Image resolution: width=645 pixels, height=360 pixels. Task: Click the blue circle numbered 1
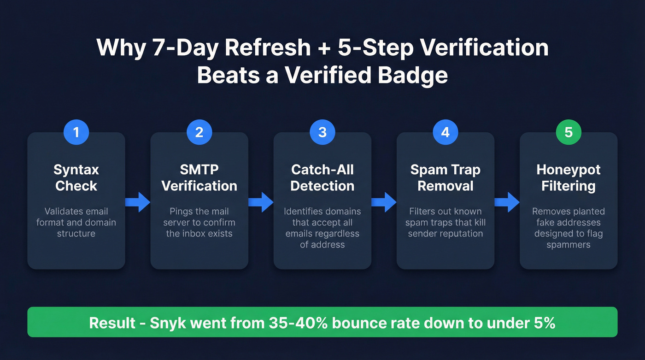pos(76,132)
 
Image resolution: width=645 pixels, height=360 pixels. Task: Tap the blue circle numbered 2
pos(199,132)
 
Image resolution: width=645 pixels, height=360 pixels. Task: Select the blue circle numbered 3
pos(322,132)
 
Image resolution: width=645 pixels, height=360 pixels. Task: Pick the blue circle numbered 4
pos(445,132)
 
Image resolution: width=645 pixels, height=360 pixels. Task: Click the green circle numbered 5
pos(569,132)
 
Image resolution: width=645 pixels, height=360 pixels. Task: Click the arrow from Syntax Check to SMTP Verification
pos(138,202)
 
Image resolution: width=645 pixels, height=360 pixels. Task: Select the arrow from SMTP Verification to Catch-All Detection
pos(261,202)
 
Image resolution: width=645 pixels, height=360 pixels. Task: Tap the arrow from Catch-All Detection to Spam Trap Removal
pos(384,202)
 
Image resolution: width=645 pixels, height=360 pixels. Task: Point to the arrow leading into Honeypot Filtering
pos(507,202)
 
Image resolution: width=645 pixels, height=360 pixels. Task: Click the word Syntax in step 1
pos(76,170)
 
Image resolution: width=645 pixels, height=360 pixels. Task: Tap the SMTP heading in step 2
pos(199,170)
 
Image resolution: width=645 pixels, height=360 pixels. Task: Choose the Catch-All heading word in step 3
pos(322,170)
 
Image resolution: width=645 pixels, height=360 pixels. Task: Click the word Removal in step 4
pos(445,186)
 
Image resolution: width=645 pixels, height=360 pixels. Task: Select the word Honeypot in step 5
pos(569,170)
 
